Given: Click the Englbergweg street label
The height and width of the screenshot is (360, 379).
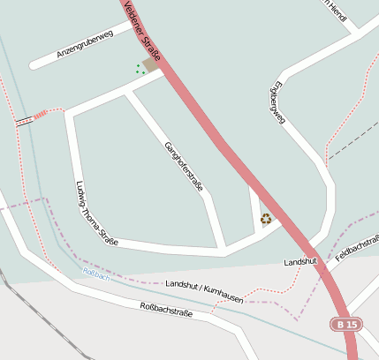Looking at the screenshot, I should (277, 103).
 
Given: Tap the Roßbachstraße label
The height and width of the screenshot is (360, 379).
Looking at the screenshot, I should (166, 309).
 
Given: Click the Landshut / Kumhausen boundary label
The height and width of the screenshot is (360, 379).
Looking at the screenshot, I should (204, 288).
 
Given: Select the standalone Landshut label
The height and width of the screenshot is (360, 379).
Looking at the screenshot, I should (300, 262).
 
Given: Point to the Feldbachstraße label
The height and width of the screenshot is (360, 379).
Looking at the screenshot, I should (357, 248).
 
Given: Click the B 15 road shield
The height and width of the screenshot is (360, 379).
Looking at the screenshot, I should (345, 325).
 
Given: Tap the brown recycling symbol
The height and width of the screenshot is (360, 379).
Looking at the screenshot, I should (265, 218).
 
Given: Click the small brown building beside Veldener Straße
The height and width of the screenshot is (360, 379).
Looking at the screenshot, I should (151, 64).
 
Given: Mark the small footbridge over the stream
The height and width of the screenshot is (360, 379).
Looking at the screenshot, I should (25, 120).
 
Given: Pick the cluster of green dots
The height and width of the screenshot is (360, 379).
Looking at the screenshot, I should (139, 68).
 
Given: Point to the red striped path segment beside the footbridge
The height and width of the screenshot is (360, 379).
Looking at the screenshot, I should (41, 115).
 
